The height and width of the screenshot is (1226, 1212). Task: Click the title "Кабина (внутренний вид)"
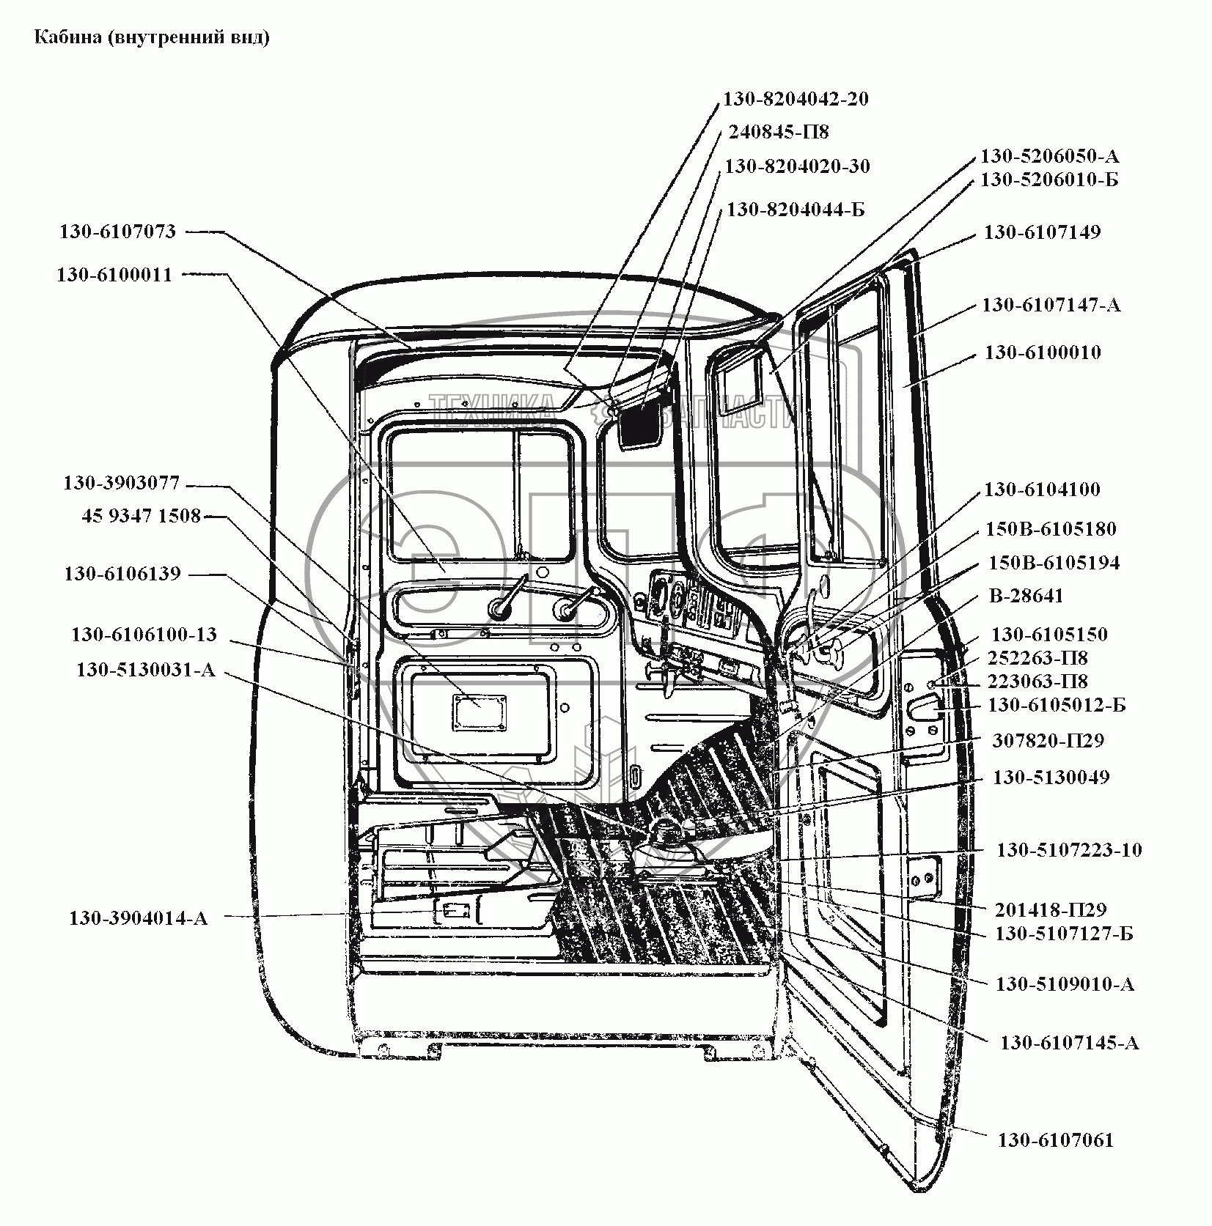(x=153, y=38)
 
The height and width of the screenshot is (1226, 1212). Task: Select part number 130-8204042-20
(x=796, y=99)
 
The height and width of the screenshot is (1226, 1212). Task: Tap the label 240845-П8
(x=778, y=132)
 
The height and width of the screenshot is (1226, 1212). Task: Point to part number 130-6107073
(x=117, y=232)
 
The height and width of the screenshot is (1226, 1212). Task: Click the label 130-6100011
(x=114, y=275)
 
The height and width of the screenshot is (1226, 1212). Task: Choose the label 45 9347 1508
(x=141, y=516)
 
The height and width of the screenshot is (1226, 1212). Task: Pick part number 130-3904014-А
(x=139, y=918)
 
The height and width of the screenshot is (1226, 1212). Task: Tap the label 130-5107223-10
(x=1068, y=850)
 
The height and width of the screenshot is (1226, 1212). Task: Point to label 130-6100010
(x=1042, y=352)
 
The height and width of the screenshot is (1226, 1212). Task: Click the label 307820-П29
(x=1048, y=740)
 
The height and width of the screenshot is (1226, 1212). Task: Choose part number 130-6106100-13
(x=144, y=634)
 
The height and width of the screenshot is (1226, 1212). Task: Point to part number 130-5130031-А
(x=146, y=670)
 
